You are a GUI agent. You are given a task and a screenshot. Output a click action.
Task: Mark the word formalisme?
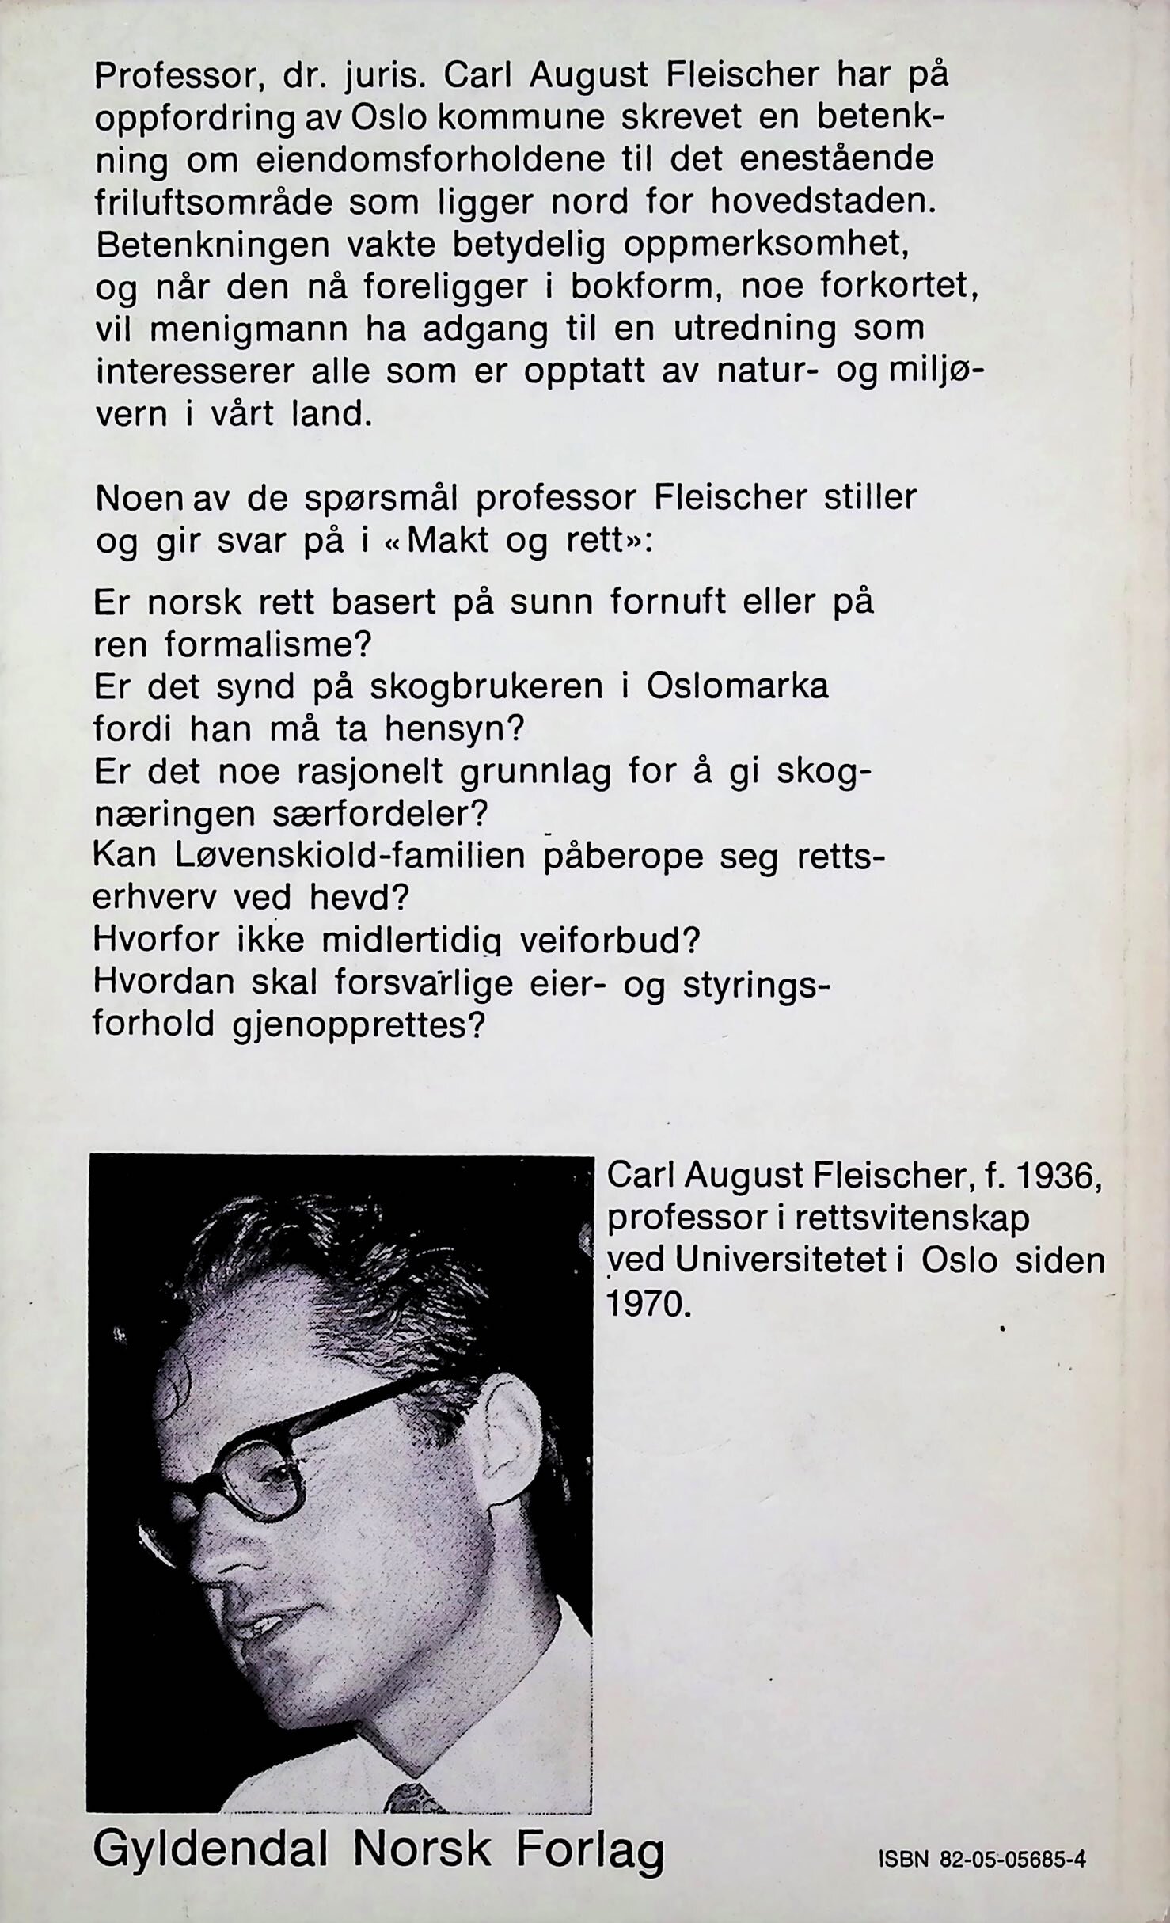(x=268, y=644)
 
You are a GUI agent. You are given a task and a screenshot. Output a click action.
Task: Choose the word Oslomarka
(x=737, y=685)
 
